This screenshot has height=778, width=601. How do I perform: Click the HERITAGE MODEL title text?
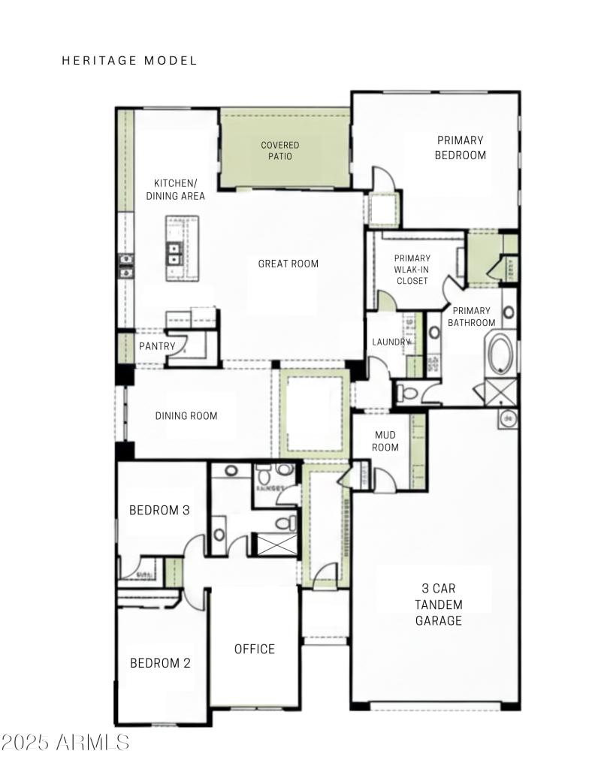(x=129, y=61)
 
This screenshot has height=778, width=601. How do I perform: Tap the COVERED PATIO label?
(x=280, y=150)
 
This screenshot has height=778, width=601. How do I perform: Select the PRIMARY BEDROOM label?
(x=460, y=147)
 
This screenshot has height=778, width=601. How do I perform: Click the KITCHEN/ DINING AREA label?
(x=176, y=189)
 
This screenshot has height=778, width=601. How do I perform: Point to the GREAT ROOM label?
(x=288, y=264)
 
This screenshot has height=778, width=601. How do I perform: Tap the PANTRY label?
(x=157, y=346)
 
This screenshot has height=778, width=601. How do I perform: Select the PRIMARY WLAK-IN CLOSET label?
(x=412, y=270)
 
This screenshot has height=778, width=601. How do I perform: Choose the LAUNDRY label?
(x=391, y=342)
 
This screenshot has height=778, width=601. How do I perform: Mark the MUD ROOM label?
(x=385, y=441)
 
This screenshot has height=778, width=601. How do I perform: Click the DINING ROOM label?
(x=186, y=416)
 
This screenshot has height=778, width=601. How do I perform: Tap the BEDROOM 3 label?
(x=159, y=510)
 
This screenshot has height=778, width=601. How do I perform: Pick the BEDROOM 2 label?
(x=160, y=663)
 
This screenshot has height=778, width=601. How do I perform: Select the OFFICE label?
(x=255, y=649)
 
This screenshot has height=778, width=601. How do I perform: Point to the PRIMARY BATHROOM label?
(x=472, y=316)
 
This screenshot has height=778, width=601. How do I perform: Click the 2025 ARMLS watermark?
(x=65, y=743)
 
